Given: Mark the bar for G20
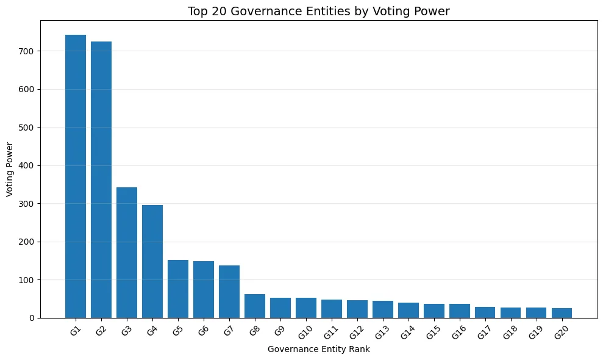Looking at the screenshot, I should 562,313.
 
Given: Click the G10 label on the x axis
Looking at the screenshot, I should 305,333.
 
